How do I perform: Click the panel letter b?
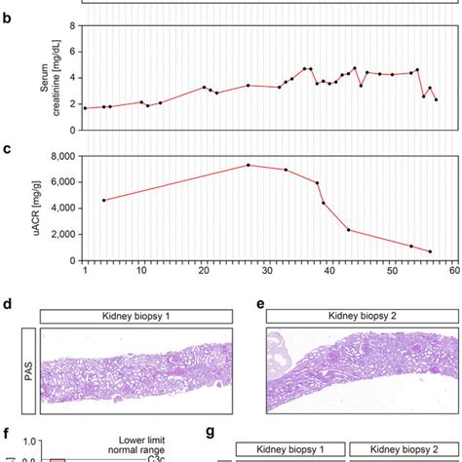(x=8, y=18)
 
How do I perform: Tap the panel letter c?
(x=8, y=149)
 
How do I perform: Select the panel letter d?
(x=8, y=304)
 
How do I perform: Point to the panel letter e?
(x=260, y=304)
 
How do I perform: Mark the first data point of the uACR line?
(x=104, y=200)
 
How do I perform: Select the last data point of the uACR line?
(x=430, y=251)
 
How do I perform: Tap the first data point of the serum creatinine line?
(x=86, y=108)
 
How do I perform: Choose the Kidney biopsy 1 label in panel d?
(x=135, y=316)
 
